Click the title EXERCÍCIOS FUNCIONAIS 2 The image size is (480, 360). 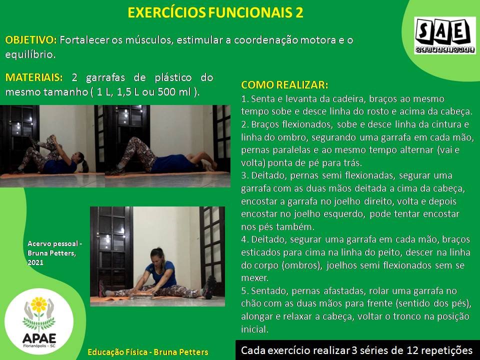click(215, 12)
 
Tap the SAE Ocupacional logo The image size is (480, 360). click(445, 35)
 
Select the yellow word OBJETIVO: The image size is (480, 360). click(31, 40)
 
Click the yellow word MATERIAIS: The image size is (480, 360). click(34, 77)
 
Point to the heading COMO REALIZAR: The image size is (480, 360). click(284, 85)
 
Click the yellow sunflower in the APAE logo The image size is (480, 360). click(39, 304)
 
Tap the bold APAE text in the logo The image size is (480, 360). click(39, 338)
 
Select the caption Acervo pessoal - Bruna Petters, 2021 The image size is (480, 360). click(54, 253)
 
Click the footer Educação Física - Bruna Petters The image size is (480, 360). click(148, 352)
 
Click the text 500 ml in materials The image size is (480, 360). click(174, 91)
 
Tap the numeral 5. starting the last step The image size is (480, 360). click(244, 291)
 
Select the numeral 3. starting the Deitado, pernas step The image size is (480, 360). click(244, 175)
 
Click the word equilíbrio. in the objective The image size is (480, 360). click(30, 54)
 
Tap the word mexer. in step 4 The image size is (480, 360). click(254, 278)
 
